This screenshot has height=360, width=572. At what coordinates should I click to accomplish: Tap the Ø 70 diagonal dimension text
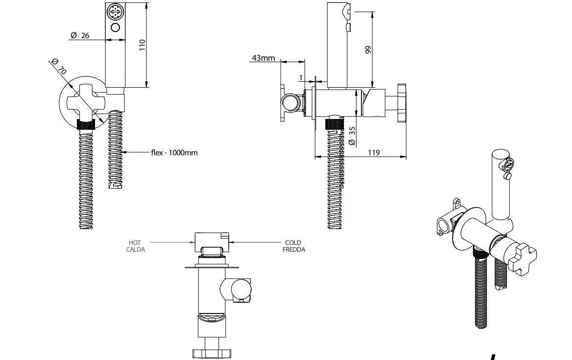click(59, 66)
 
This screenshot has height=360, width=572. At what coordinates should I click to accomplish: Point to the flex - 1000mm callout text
click(174, 152)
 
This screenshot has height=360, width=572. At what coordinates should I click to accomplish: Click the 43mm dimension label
click(263, 58)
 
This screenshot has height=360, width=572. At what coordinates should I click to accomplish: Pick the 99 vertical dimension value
click(368, 49)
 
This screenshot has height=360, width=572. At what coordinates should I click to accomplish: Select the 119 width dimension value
click(373, 152)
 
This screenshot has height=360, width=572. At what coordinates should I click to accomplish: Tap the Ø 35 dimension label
click(352, 135)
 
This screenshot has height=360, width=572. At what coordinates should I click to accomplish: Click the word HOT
click(135, 242)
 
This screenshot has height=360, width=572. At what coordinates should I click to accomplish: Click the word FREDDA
click(294, 249)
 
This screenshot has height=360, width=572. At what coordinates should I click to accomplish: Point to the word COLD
click(293, 242)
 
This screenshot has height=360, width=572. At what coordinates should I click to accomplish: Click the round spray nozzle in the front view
click(116, 11)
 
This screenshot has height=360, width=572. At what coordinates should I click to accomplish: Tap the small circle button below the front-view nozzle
click(116, 27)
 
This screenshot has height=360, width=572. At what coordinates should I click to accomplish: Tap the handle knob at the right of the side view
click(401, 103)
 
